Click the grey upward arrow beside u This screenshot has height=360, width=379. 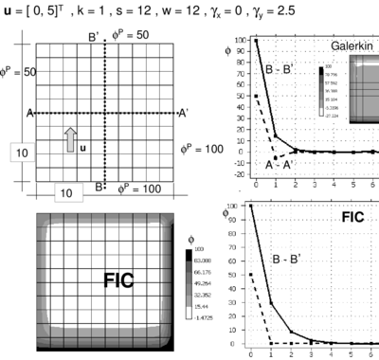69,139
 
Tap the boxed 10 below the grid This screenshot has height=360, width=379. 67,193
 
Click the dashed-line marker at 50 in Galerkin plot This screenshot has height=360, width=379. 256,96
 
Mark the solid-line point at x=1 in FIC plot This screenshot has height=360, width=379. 270,303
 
